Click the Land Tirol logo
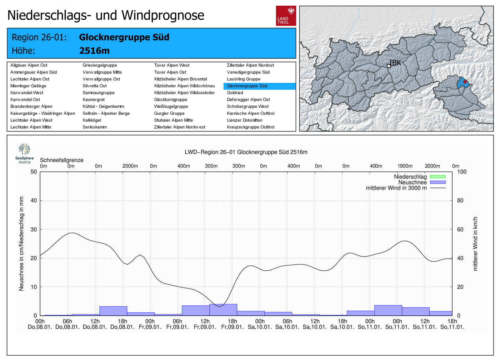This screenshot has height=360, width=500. point(286,16)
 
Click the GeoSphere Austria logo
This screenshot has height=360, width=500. point(24,153)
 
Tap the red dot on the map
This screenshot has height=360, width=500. point(465,82)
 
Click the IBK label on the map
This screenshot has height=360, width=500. point(395,63)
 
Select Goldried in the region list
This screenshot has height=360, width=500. point(235,93)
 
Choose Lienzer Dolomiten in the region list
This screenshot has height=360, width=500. point(245,120)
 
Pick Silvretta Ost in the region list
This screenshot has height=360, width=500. point(95,86)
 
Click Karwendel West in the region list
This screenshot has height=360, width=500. point(27,93)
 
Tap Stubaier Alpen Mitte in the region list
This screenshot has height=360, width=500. point(173,120)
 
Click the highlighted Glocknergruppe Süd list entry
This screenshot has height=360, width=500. point(247,86)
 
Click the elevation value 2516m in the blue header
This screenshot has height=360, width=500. point(94,51)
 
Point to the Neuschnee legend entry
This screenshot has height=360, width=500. point(412,182)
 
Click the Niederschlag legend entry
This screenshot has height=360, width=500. point(410,177)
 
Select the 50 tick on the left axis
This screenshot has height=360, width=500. point(34,172)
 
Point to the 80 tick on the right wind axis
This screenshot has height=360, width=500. point(460,200)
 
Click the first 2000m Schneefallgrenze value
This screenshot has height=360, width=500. point(130,166)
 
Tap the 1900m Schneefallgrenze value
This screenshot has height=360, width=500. point(405,166)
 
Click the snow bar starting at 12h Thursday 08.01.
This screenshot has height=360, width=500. point(113,311)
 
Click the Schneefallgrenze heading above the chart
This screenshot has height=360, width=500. point(62,160)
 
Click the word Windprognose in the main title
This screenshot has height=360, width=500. point(163,15)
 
